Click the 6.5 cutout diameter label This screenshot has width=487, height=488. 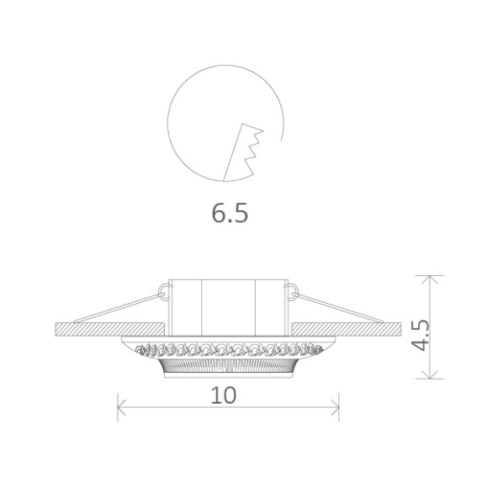230,214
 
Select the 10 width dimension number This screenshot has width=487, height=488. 223,394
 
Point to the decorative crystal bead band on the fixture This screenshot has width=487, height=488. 228,347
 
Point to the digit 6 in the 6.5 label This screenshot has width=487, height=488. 218,214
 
